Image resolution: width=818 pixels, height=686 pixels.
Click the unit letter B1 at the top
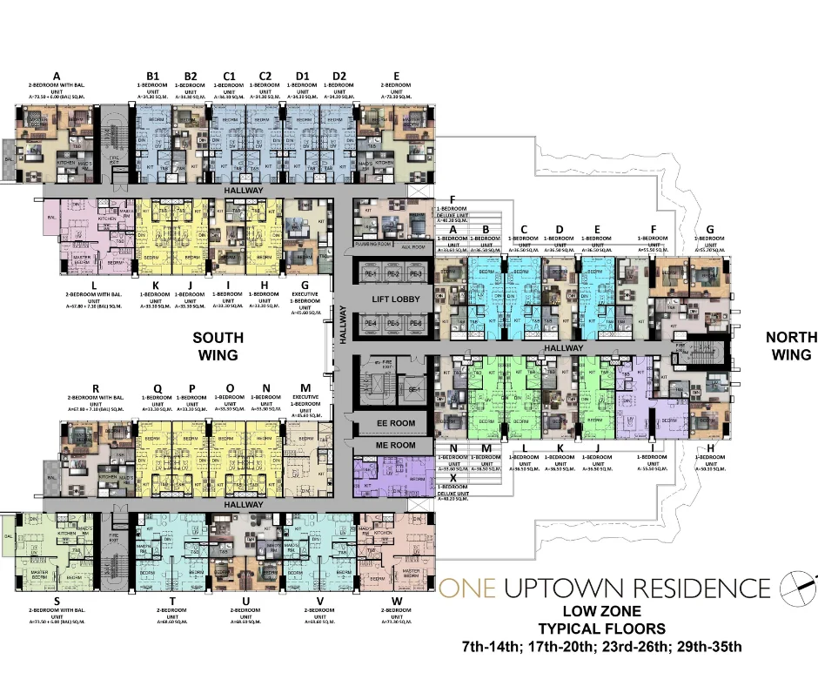(x=153, y=76)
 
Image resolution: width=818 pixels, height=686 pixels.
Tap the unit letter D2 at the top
(x=339, y=76)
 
